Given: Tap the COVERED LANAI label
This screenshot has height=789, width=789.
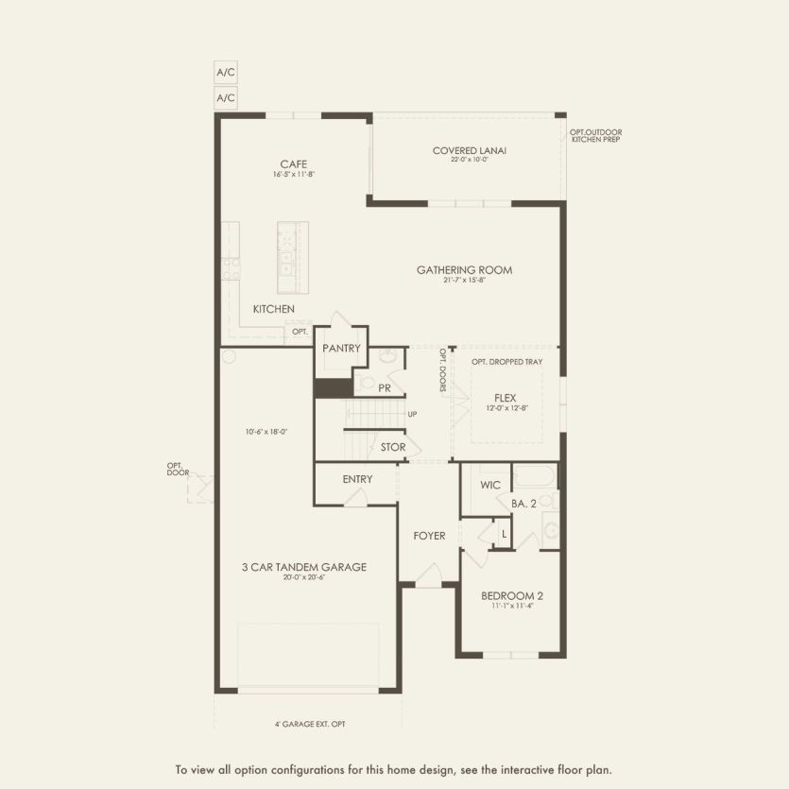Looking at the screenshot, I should [x=470, y=150].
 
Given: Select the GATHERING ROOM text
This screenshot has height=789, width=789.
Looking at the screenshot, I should [x=464, y=270].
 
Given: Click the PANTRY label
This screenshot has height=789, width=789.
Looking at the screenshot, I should [x=341, y=349].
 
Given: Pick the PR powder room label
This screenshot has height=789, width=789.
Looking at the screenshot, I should [x=385, y=387].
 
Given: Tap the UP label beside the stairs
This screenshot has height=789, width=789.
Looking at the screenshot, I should [x=412, y=415].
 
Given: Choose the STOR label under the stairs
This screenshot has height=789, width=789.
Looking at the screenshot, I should [x=393, y=447].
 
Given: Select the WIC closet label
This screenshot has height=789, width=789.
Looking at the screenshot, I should [x=489, y=485].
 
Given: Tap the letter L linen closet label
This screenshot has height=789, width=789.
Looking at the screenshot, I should [x=504, y=535].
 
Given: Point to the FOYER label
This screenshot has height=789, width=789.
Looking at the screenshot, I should [x=429, y=536].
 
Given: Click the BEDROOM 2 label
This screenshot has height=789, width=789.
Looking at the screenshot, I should [x=511, y=596].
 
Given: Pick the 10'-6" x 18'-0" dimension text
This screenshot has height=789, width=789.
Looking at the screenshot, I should [x=266, y=431].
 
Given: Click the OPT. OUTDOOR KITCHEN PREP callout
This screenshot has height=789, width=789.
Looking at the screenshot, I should [x=595, y=136].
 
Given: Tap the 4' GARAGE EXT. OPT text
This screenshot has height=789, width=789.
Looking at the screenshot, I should [x=308, y=724].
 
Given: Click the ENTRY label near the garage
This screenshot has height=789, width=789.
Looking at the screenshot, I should [x=357, y=479].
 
